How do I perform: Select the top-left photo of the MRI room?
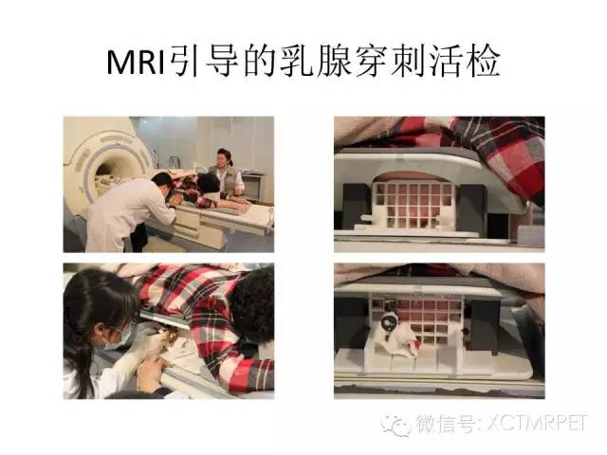coord(168,184)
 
